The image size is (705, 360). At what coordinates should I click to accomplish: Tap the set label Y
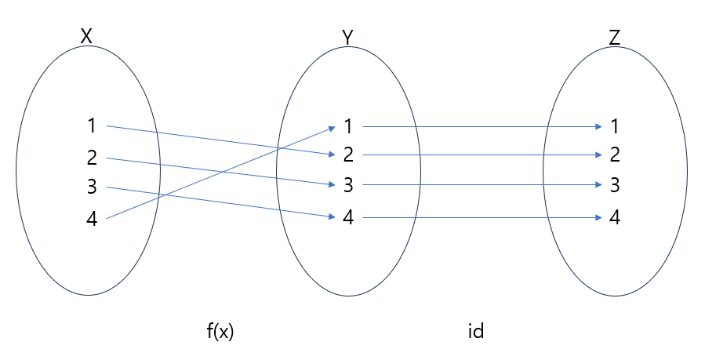click(348, 36)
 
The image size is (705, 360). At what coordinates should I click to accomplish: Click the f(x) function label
click(220, 331)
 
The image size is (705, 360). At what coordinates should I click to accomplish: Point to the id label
click(475, 331)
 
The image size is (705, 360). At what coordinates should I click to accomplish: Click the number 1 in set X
click(92, 125)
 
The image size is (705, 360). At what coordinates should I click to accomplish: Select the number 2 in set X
click(92, 158)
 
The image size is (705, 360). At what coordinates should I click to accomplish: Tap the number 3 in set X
click(92, 187)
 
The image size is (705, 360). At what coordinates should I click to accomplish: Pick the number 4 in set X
click(92, 220)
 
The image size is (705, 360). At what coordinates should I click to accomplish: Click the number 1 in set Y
click(348, 125)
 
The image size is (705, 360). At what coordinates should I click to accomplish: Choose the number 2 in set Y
click(348, 155)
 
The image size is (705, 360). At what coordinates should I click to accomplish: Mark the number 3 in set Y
click(348, 186)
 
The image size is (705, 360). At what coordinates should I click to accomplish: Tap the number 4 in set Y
click(348, 217)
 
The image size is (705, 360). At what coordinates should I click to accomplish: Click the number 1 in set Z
click(615, 125)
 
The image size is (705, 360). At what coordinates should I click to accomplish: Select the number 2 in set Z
click(615, 155)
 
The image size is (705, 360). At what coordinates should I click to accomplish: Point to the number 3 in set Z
click(615, 186)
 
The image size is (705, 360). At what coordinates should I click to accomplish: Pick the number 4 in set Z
click(615, 217)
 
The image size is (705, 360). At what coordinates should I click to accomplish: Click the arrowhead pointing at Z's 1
click(598, 125)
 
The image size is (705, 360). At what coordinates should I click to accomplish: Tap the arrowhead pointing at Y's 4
click(333, 216)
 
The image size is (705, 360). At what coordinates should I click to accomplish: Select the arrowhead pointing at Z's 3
click(598, 186)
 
